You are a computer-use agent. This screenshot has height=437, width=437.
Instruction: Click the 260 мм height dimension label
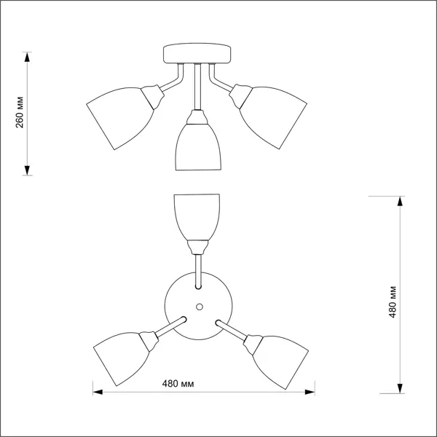click(x=20, y=112)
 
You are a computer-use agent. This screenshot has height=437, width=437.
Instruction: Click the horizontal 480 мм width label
click(x=178, y=384)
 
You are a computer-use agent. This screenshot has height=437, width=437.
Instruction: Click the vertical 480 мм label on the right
click(x=392, y=302)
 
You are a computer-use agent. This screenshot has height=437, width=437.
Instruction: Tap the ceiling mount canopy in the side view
click(x=197, y=53)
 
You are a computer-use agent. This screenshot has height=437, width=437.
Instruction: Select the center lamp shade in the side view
click(x=198, y=147)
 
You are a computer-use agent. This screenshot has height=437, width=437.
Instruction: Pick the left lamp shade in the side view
click(x=120, y=119)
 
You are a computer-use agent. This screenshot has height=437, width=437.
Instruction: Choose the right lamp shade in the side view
click(x=273, y=117)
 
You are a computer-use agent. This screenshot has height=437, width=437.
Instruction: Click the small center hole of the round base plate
click(x=200, y=307)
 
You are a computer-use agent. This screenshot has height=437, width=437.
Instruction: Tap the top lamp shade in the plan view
click(x=197, y=217)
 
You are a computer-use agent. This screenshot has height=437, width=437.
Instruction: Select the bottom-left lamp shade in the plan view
click(x=121, y=359)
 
